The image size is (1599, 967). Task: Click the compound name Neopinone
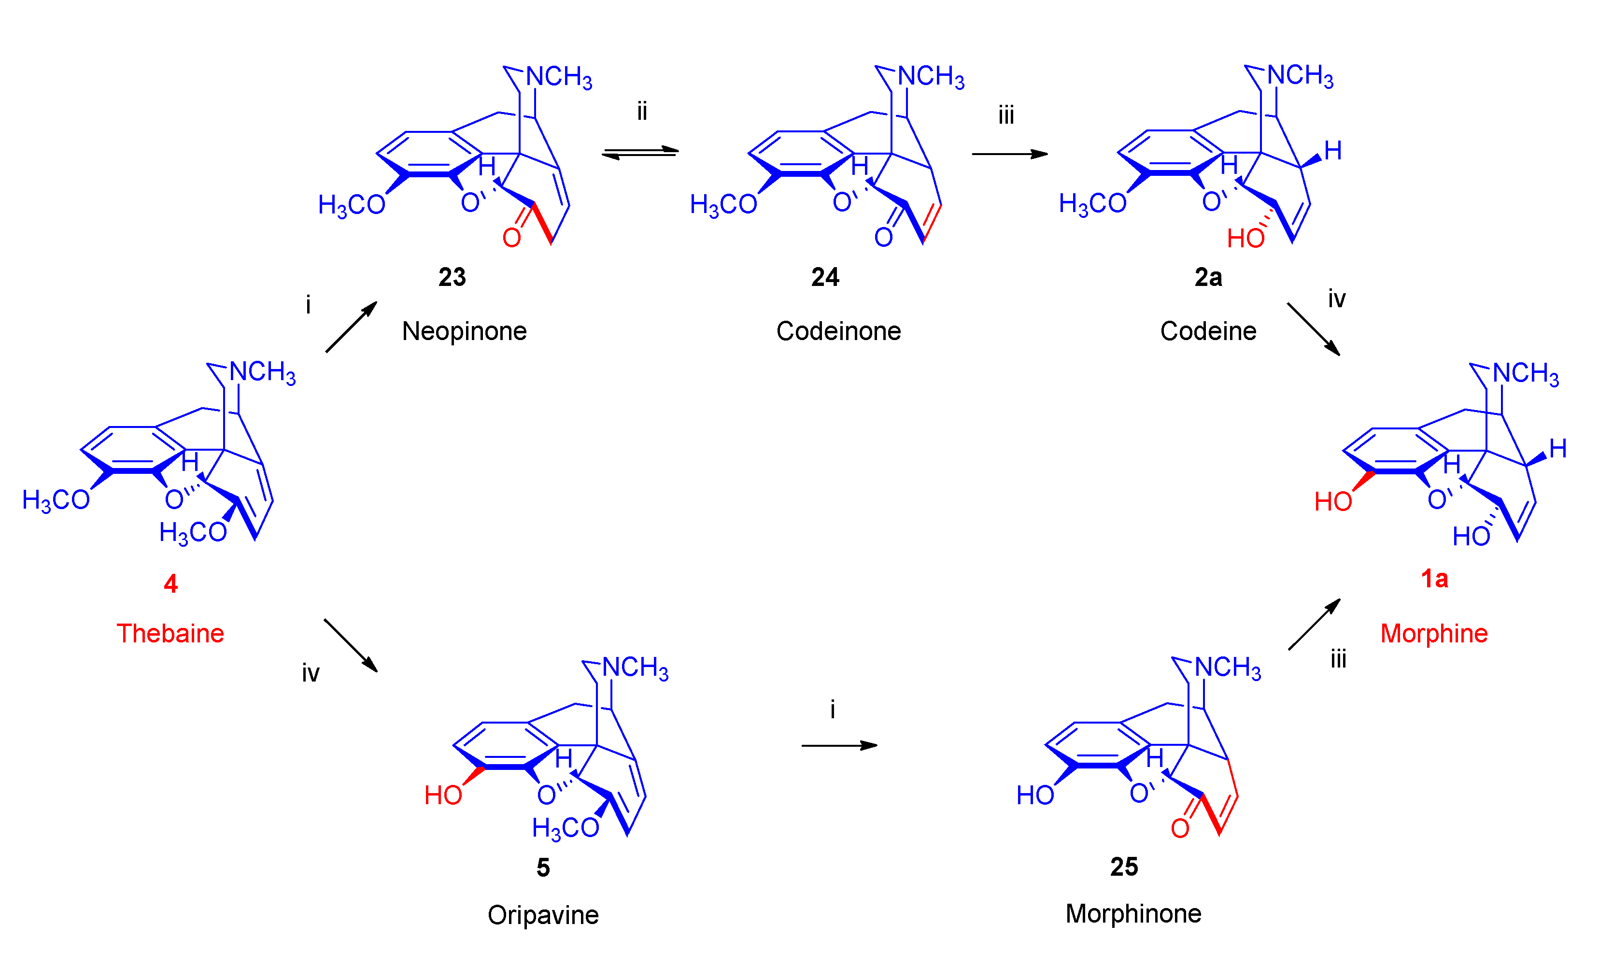tap(464, 332)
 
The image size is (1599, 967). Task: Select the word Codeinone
tap(838, 332)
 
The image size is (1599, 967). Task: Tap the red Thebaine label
tap(170, 633)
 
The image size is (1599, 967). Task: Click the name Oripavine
tap(543, 915)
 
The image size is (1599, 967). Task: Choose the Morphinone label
tap(1133, 914)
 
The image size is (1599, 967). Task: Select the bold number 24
tap(825, 277)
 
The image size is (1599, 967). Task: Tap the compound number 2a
tap(1208, 277)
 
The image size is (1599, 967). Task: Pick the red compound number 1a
tap(1434, 578)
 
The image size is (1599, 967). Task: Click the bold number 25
tap(1124, 867)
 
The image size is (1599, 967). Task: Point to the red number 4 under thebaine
tap(170, 584)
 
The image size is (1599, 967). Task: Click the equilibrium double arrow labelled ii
tap(640, 153)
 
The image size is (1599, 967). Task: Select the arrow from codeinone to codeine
tap(1009, 154)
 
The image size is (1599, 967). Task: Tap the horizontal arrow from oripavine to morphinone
tap(839, 746)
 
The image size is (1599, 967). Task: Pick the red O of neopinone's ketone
tap(511, 238)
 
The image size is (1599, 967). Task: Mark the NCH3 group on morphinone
tap(1227, 668)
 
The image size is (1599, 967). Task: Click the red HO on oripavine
tap(442, 795)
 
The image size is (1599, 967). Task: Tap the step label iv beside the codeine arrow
tap(1336, 299)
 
